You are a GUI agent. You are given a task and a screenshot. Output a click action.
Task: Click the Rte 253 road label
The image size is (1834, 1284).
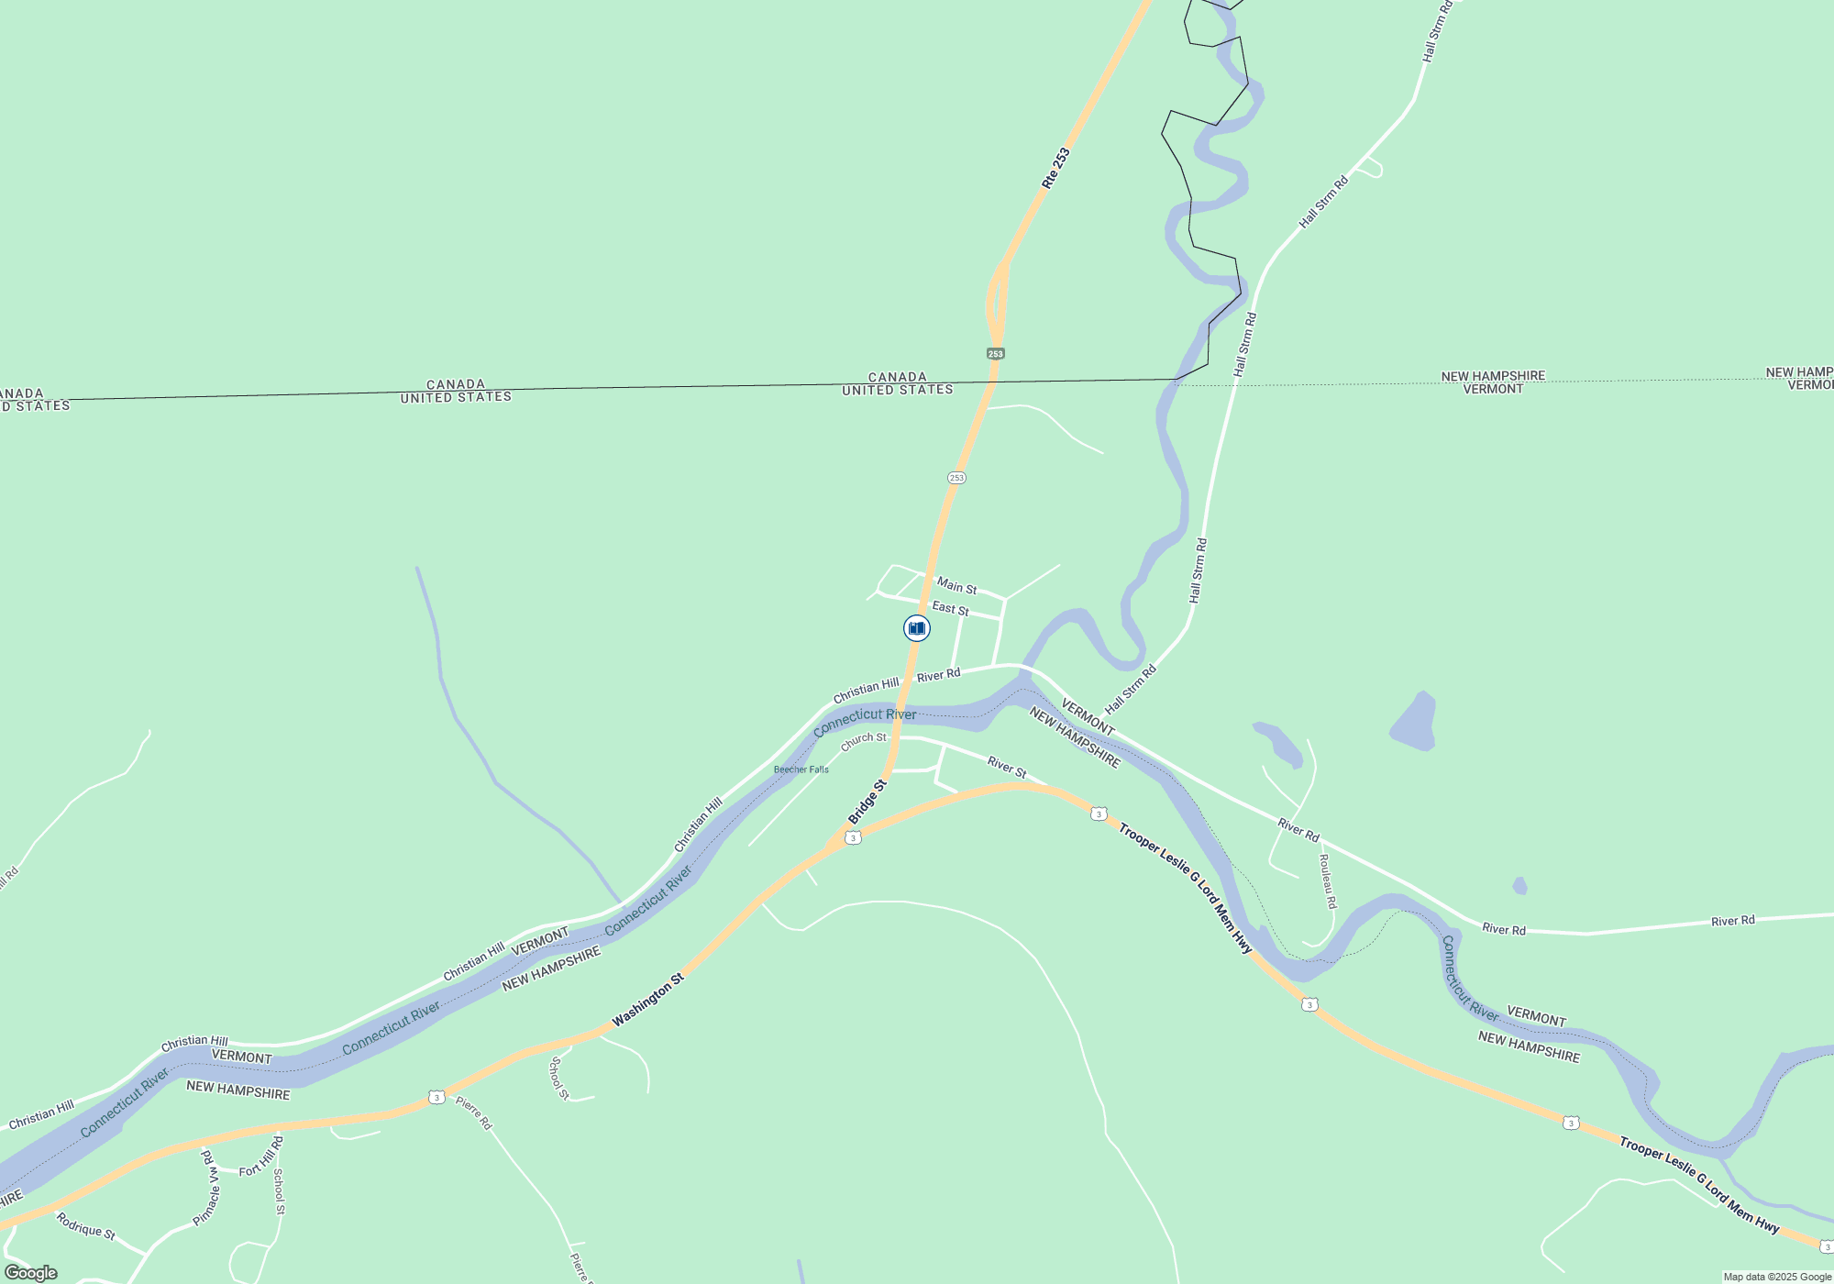point(1055,169)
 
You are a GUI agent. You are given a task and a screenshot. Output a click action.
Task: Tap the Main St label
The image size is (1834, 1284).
point(956,586)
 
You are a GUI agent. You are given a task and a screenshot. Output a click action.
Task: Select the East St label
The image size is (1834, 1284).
point(950,608)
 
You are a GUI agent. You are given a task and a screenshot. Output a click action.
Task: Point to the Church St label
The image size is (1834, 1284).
point(864,740)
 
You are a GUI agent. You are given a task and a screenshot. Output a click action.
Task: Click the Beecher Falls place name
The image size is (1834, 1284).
point(801,769)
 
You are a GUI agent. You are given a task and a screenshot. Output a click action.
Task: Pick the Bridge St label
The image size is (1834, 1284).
point(867,802)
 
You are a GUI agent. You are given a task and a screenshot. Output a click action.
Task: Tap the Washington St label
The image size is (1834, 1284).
point(648,1000)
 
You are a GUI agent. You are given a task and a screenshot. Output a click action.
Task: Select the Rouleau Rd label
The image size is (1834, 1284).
point(1328,881)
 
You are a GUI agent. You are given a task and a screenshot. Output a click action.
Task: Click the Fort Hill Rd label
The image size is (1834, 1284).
point(261,1157)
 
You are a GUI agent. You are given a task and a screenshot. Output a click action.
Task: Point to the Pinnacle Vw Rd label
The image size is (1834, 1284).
point(210,1190)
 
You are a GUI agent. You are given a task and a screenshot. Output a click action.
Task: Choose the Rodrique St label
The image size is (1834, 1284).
point(85,1226)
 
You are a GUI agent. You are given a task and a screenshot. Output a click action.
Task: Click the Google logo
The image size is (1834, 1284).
point(31,1273)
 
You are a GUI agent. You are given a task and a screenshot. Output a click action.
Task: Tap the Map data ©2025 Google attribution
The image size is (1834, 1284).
point(1776,1277)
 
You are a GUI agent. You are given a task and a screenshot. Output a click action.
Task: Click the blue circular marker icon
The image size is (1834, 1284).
point(916,628)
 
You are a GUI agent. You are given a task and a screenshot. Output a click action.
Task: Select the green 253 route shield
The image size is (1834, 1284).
point(996,353)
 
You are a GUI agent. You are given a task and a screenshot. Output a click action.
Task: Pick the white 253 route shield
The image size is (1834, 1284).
point(956,478)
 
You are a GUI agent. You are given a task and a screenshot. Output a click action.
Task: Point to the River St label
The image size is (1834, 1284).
point(1007,767)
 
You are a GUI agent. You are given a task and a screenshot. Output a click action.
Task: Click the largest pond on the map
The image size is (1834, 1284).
point(1413,723)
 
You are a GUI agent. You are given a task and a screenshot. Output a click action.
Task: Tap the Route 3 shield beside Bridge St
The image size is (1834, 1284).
point(853,837)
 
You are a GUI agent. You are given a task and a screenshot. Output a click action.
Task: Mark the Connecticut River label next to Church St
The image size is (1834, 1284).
point(865,720)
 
